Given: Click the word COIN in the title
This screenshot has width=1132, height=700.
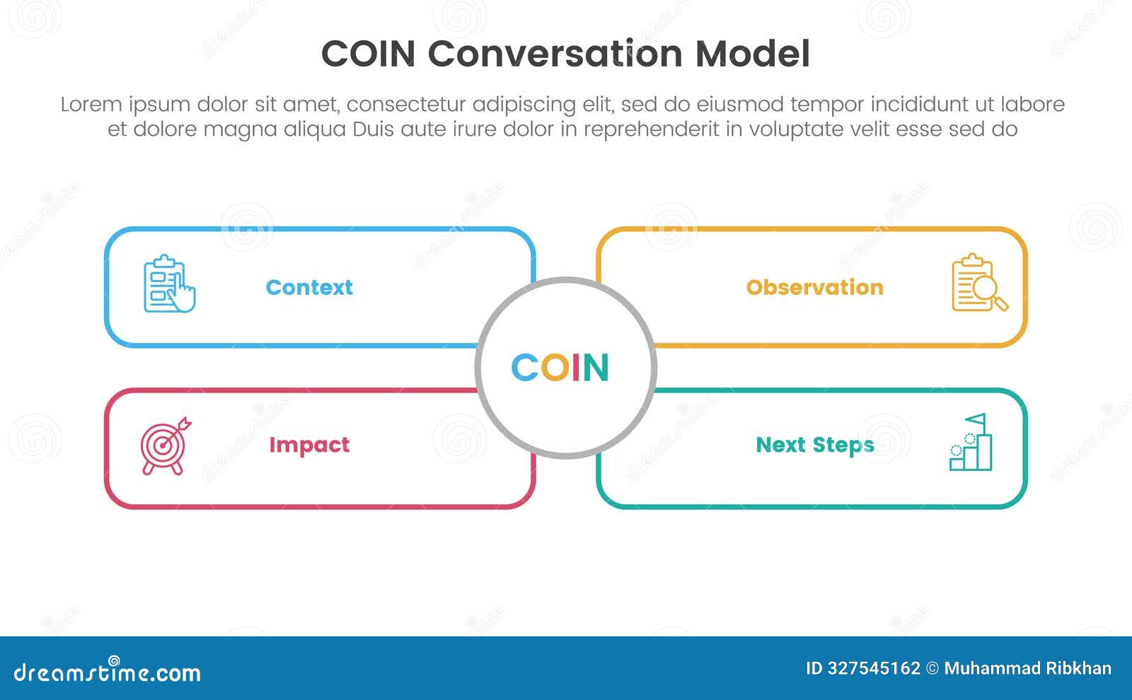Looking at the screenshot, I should [x=367, y=54].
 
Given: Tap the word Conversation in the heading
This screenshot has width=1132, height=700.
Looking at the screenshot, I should [x=555, y=54].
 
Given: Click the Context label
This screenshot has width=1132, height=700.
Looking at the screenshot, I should [x=309, y=287].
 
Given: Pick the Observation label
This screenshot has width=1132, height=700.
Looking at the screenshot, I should [x=814, y=287].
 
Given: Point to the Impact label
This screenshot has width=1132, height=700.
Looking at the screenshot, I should [x=309, y=445].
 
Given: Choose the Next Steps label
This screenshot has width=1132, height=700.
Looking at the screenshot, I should [x=815, y=445].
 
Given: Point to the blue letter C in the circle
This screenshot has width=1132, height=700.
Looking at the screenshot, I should [x=524, y=368].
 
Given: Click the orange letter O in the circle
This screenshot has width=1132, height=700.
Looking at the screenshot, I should [x=555, y=368].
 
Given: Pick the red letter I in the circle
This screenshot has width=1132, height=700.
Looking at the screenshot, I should [x=576, y=368].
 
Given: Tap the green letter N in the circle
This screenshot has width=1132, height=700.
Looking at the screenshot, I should [x=596, y=368].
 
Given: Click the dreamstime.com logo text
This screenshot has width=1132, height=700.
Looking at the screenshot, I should [x=107, y=672].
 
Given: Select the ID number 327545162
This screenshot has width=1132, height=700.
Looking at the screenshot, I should [x=873, y=668].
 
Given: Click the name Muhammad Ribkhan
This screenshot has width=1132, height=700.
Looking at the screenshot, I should [x=1027, y=668].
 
